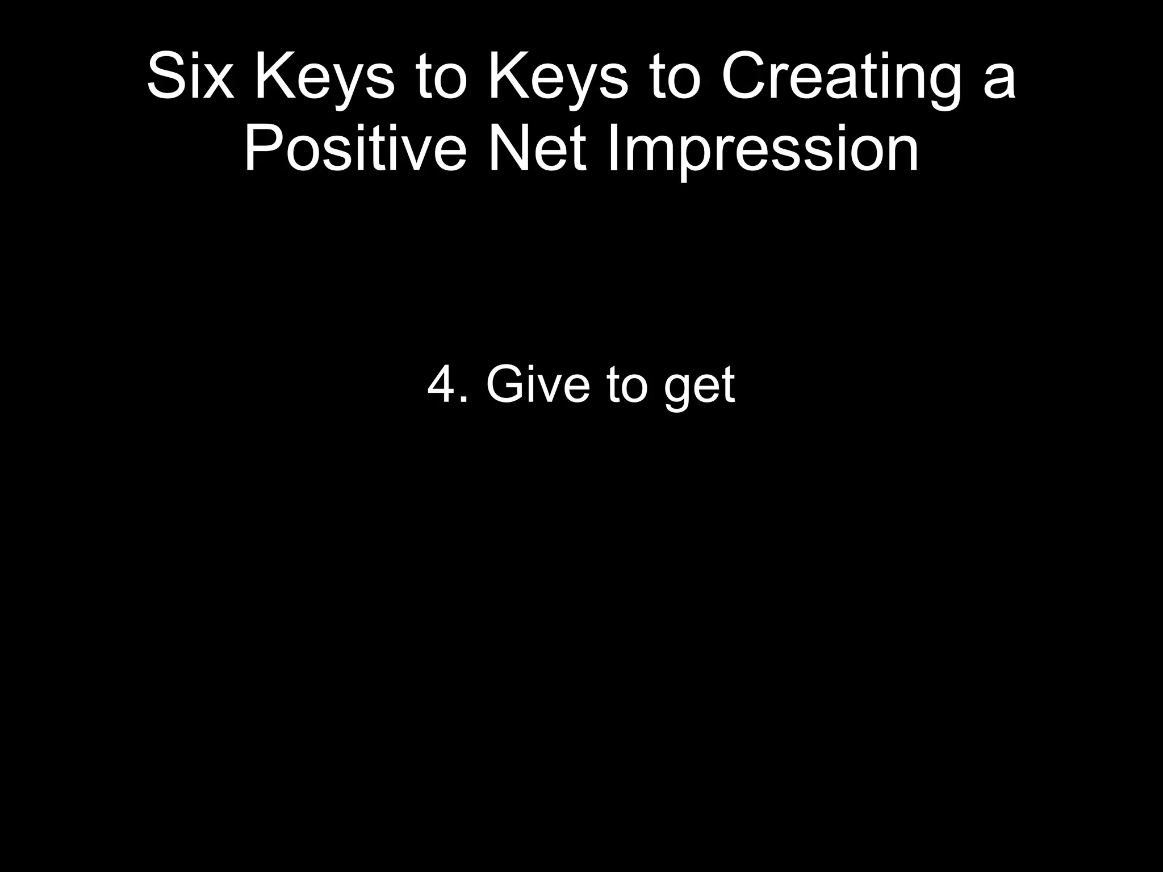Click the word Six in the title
pos(190,77)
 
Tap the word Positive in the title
pos(355,149)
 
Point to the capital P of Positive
pos(262,149)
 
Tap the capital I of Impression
pos(612,149)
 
